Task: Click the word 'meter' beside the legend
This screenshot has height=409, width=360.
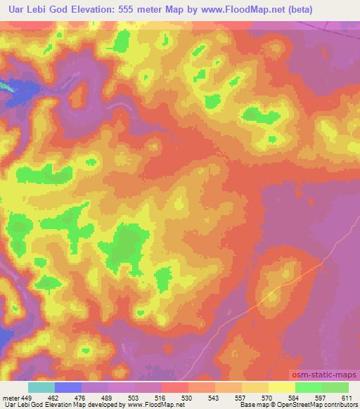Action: pos(9,398)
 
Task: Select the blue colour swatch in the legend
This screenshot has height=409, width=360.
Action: pos(68,387)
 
